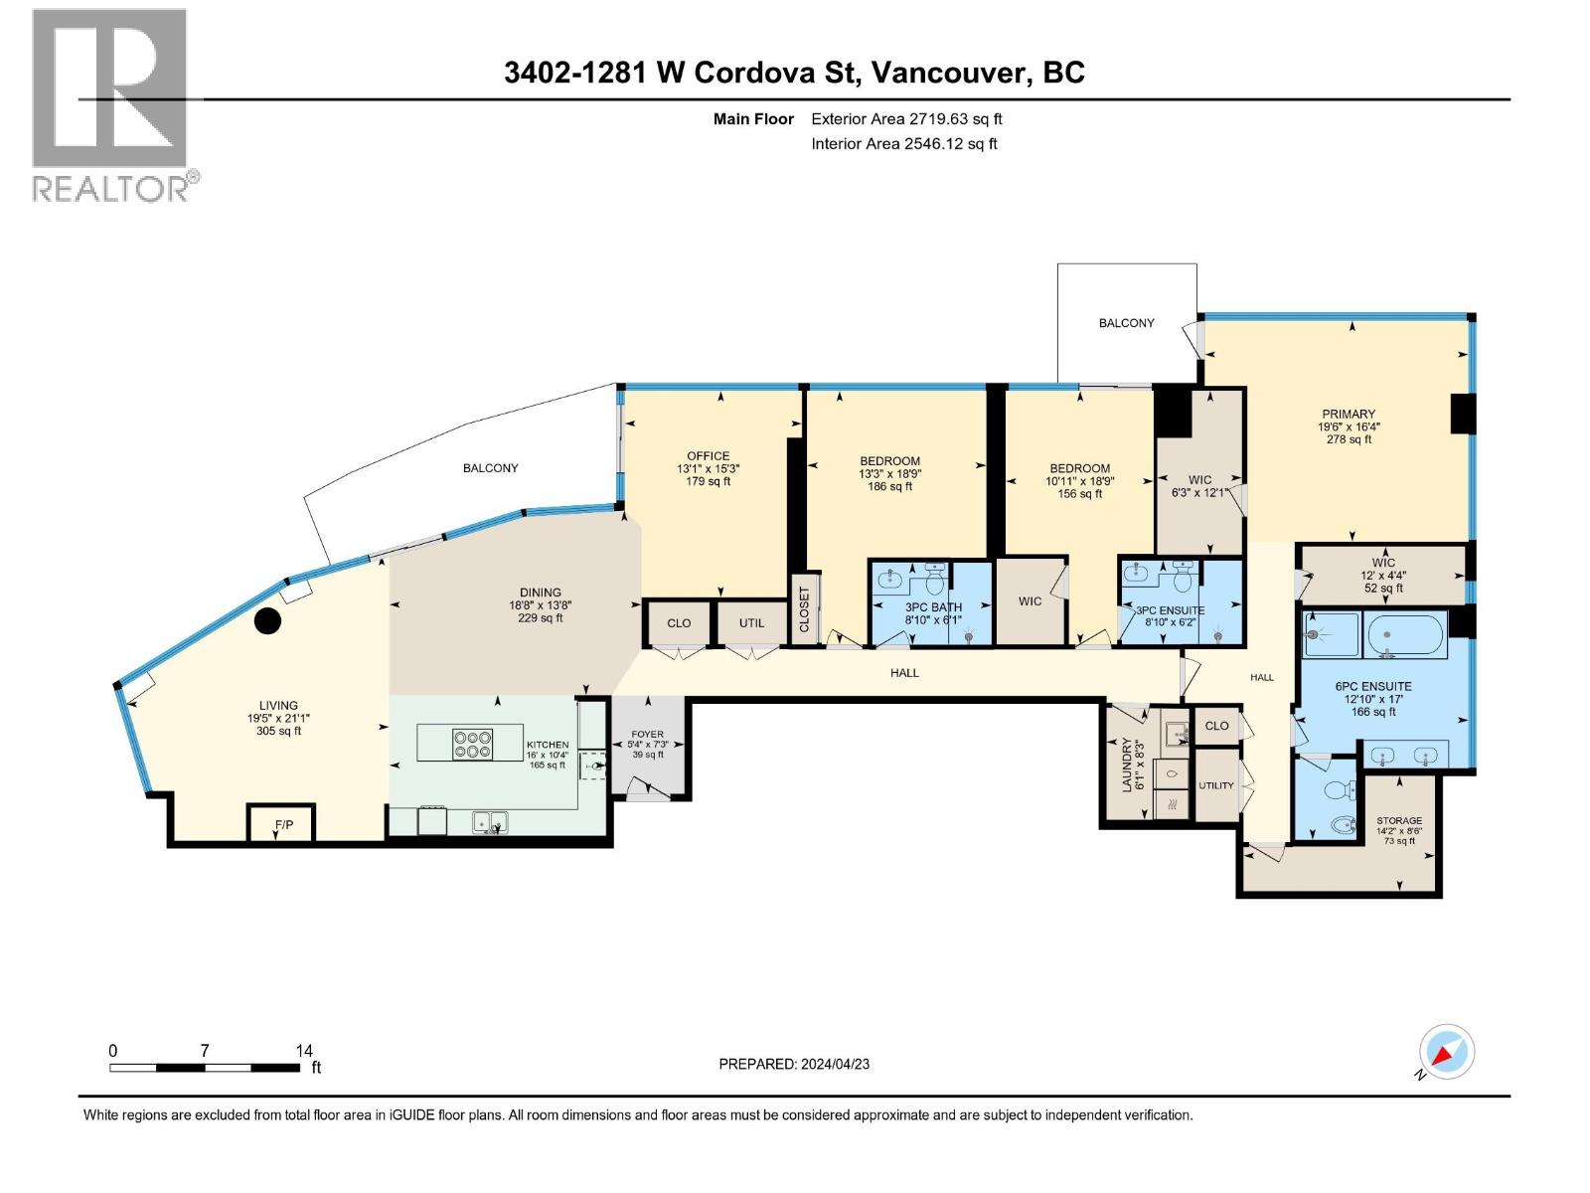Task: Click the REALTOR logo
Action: [x=109, y=104]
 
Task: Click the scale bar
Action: [x=205, y=1068]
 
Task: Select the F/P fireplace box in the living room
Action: [x=283, y=824]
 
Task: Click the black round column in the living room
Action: [x=267, y=621]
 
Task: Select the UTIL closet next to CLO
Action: [x=751, y=623]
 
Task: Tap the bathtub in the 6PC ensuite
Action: [x=1405, y=635]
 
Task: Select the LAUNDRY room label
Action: [x=1127, y=766]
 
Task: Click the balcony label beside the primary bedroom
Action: [x=1126, y=323]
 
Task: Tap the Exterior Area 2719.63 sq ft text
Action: [x=905, y=119]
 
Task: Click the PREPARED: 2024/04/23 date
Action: [x=793, y=1064]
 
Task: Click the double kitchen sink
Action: [x=491, y=822]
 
